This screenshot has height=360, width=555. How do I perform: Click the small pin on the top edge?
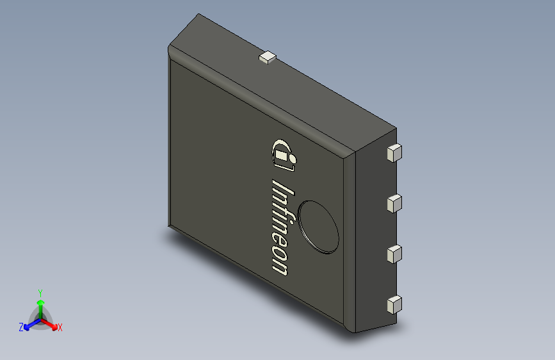[267, 58]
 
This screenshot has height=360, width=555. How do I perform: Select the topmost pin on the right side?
[394, 152]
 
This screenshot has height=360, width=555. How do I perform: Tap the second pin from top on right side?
[394, 204]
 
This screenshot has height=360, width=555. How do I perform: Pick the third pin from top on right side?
[394, 254]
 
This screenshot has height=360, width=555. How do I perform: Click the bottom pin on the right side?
[394, 304]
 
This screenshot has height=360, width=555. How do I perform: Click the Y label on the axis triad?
[40, 291]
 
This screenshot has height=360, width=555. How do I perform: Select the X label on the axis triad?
[60, 327]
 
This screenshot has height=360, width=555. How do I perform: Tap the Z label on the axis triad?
[21, 327]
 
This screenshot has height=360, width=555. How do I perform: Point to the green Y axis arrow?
[40, 304]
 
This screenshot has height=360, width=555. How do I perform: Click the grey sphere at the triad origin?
[40, 317]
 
